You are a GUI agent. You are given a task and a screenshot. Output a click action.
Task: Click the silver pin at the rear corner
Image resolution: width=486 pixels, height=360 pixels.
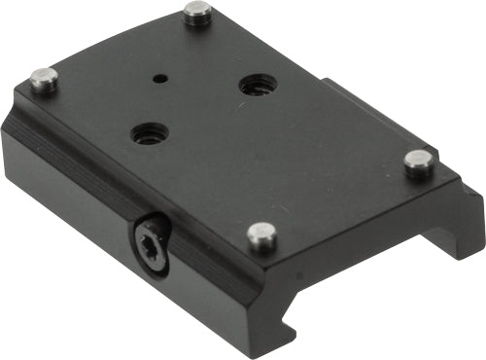pos(197,13)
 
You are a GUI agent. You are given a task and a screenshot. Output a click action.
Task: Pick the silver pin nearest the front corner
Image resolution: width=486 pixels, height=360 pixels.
pos(261,234)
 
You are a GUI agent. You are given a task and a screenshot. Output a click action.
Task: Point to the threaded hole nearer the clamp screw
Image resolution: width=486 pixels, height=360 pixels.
pos(149,133)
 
